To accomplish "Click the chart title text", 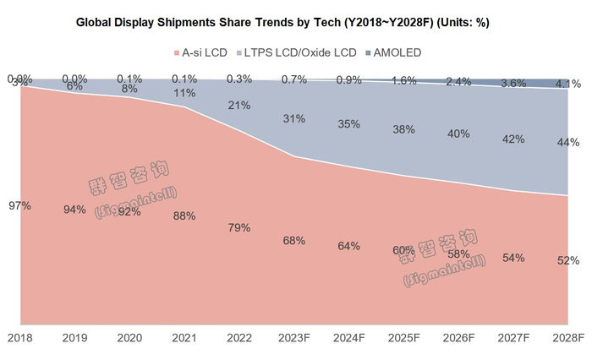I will pyautogui.click(x=295, y=21).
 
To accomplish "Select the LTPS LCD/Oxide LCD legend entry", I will pyautogui.click(x=300, y=52).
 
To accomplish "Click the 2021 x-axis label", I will pyautogui.click(x=184, y=338).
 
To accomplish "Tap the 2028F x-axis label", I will pyautogui.click(x=568, y=338).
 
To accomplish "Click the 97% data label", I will pyautogui.click(x=20, y=205).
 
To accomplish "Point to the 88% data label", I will pyautogui.click(x=184, y=215).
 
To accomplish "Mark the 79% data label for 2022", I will pyautogui.click(x=239, y=227).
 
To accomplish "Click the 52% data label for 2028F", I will pyautogui.click(x=568, y=261).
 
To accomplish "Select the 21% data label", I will pyautogui.click(x=239, y=106).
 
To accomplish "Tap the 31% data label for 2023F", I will pyautogui.click(x=294, y=118).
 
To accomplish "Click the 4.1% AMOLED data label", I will pyautogui.click(x=568, y=84).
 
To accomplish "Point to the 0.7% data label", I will pyautogui.click(x=294, y=79).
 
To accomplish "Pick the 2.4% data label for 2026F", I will pyautogui.click(x=459, y=81).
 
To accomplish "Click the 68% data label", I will pyautogui.click(x=294, y=241).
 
